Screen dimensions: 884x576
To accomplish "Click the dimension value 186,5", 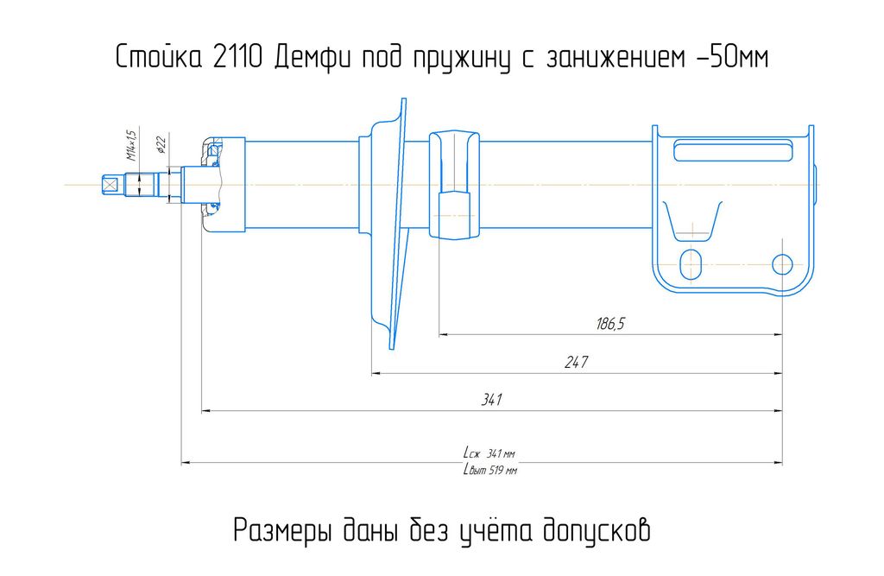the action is tap(610, 324).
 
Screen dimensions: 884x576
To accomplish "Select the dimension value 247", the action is tap(576, 362).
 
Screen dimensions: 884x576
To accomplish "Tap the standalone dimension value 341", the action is tap(491, 400).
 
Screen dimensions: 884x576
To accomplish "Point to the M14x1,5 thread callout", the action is tap(131, 146).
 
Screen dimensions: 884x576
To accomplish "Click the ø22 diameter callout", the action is tap(161, 144).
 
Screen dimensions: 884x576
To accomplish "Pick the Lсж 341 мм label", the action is tap(489, 453).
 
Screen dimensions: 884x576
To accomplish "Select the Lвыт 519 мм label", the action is tap(489, 470).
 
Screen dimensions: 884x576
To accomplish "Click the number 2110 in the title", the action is tap(238, 57).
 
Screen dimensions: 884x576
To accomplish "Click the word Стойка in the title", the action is tap(159, 57).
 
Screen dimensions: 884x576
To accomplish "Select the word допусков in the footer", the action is tap(597, 530).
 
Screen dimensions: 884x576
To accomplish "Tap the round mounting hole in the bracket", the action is tap(782, 264).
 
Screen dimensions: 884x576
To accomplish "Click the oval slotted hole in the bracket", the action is tap(691, 264).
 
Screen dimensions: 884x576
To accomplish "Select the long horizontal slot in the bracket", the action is tap(734, 152).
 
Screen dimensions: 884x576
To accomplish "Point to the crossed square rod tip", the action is tap(110, 185).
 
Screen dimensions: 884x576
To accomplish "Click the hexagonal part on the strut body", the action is tap(454, 216).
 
